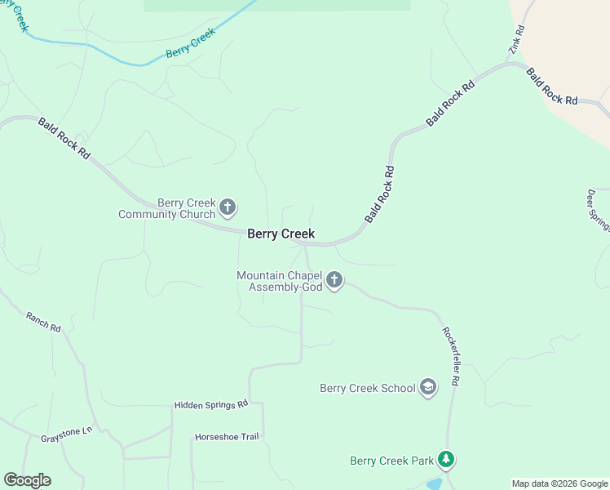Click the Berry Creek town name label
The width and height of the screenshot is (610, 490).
[281, 234]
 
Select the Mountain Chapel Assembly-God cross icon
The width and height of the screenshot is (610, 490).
[334, 281]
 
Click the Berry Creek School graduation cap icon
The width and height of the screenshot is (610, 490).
[428, 388]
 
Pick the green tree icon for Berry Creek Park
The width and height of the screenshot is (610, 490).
[445, 461]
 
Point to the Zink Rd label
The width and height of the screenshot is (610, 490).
[516, 40]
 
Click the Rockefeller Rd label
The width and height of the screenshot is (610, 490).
[452, 357]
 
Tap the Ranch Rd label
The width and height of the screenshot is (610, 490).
[43, 322]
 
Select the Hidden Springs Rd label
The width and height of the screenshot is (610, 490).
[210, 404]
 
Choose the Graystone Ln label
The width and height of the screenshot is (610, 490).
[67, 434]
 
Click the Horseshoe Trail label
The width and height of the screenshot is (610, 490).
[227, 437]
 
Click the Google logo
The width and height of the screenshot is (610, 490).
[27, 480]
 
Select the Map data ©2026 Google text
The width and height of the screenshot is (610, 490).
[559, 483]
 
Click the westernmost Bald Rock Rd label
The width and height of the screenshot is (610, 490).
[64, 138]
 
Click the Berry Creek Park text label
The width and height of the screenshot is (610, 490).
[391, 461]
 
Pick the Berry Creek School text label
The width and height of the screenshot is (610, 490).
[368, 388]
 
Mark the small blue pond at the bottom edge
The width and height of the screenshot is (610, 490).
[435, 484]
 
